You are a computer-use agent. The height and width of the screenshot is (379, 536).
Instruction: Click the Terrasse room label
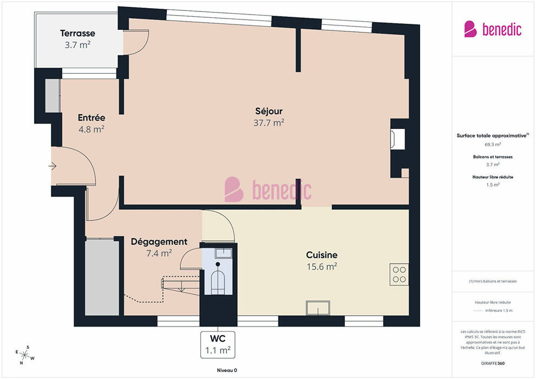pos(77,33)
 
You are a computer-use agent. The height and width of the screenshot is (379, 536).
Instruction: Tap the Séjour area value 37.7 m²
pos(269,123)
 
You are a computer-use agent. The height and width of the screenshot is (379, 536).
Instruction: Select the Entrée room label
pos(91,117)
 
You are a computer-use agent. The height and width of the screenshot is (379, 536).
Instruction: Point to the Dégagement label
pos(159,242)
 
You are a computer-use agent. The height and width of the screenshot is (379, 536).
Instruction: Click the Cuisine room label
pos(322,255)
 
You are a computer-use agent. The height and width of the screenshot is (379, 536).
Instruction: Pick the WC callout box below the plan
pos(218,344)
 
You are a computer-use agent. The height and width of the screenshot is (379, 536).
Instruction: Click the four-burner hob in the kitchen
pos(399,275)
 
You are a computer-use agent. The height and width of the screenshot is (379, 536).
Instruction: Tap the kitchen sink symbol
pos(318,308)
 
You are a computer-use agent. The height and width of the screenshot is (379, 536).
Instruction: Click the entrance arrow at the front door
pos(53,166)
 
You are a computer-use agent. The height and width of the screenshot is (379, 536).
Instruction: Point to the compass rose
pos(24,355)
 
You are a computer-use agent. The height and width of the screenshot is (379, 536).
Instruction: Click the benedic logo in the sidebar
pos(493,29)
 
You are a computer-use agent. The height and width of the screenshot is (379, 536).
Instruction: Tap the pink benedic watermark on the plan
pos(268,190)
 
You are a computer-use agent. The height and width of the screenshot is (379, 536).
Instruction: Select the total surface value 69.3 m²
pos(493,145)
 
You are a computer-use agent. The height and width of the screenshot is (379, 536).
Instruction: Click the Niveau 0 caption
pos(227,370)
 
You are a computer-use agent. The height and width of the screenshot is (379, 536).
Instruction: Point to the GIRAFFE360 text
pos(493,363)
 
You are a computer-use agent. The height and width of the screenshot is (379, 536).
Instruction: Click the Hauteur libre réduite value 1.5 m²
pos(493,185)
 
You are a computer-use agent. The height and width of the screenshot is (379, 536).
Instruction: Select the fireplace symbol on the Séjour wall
pos(398,139)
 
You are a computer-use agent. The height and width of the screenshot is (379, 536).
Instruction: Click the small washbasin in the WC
pos(224,253)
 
